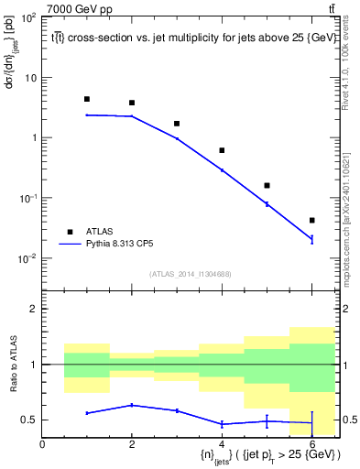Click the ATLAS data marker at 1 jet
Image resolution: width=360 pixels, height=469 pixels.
(x=87, y=99)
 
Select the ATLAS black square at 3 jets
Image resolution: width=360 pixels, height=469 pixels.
(x=177, y=124)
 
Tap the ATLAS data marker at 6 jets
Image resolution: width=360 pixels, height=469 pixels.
(x=312, y=221)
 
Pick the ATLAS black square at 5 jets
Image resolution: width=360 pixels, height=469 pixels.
(x=267, y=186)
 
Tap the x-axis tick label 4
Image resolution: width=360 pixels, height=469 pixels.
(x=223, y=444)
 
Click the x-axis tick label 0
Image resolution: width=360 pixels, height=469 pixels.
(x=42, y=444)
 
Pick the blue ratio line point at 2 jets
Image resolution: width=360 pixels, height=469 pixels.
(x=132, y=405)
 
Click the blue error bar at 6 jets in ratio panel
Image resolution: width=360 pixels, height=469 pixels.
(x=312, y=423)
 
